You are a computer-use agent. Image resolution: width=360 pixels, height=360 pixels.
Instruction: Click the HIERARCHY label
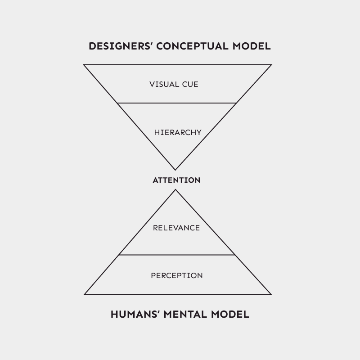[x=177, y=132]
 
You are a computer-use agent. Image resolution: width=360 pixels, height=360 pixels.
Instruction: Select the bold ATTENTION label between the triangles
[x=176, y=180]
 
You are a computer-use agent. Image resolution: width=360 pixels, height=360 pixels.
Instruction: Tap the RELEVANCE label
[x=176, y=228]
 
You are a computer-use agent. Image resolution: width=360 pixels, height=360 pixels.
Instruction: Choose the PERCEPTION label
[x=176, y=275]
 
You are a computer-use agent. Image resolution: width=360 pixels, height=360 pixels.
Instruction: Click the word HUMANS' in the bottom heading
[x=132, y=314]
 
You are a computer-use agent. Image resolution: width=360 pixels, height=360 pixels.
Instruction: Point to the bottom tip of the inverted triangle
[x=175, y=170]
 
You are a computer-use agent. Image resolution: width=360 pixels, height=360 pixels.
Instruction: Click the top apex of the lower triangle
[x=175, y=190]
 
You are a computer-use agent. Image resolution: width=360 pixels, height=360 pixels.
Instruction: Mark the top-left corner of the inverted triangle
[x=84, y=65]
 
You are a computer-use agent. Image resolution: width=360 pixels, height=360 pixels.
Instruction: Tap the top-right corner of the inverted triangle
[x=271, y=65]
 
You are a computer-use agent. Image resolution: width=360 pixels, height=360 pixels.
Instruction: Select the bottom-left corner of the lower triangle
[x=85, y=295]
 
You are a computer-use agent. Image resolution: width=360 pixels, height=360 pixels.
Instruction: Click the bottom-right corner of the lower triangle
[x=271, y=295]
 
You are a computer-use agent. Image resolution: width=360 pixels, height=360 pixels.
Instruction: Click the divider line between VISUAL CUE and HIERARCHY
[x=176, y=103]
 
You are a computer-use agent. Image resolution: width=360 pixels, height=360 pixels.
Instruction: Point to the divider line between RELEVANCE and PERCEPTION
[x=176, y=255]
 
